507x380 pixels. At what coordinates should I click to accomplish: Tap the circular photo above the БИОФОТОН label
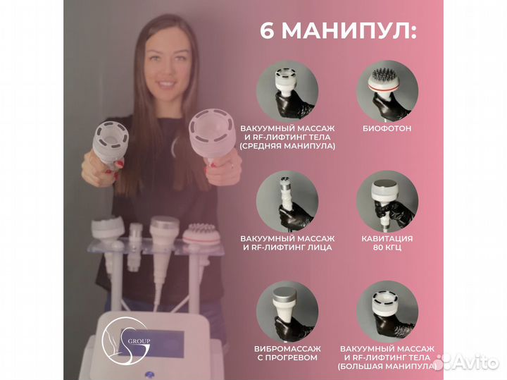(386, 90)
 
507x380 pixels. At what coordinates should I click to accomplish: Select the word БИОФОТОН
(386, 130)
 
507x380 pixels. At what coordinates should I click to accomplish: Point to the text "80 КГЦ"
(386, 248)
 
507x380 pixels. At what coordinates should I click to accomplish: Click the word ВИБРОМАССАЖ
(287, 348)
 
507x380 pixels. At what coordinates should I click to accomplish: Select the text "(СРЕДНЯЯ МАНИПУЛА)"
(287, 146)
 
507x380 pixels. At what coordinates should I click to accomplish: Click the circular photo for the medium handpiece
(287, 90)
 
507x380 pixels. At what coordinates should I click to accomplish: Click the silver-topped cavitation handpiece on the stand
(164, 229)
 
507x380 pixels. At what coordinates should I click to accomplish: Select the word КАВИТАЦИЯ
(386, 238)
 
